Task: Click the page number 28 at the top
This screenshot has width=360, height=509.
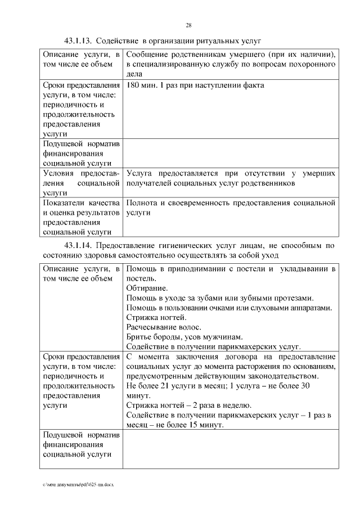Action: tap(189, 25)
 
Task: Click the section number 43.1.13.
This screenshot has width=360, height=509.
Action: tap(78, 41)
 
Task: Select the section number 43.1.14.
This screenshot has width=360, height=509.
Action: tap(78, 246)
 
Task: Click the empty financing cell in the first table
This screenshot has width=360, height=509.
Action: tap(230, 153)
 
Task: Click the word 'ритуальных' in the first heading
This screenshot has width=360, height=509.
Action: tap(217, 41)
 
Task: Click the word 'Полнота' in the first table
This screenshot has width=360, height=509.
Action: tap(144, 203)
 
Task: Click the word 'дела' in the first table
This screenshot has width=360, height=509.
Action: tap(136, 73)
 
